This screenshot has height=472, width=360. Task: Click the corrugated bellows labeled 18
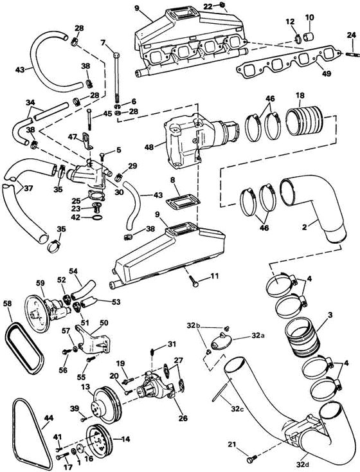coord(305,122)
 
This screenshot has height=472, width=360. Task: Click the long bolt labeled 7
coord(116,79)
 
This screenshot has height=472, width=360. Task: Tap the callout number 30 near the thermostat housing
coord(119,192)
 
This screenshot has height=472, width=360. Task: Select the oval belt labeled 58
coord(24,348)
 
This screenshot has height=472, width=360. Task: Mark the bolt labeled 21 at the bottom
coord(250,460)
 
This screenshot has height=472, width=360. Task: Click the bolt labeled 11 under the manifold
coord(194,282)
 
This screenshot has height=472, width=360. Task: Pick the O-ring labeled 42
coord(96,217)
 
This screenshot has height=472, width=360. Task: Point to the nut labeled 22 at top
coord(222,5)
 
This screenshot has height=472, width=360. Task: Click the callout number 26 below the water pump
coord(183,418)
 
